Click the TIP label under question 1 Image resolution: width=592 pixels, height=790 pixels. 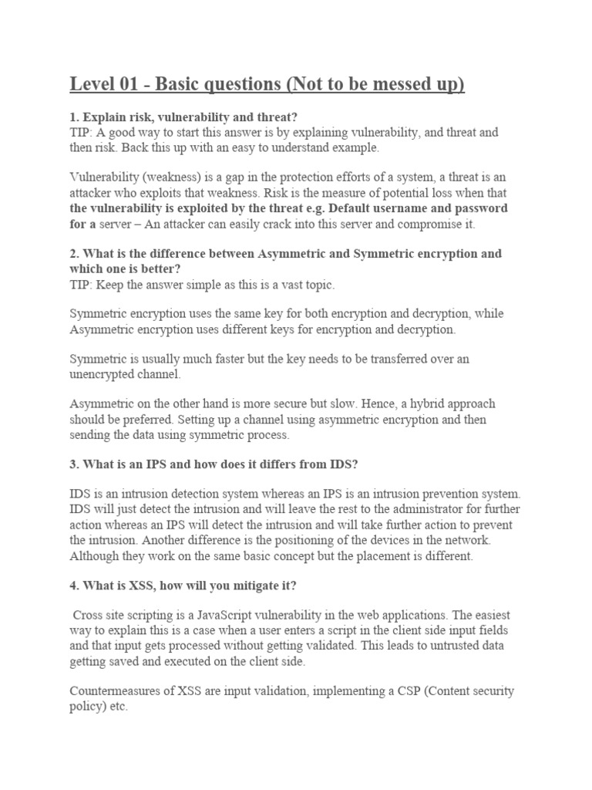point(81,133)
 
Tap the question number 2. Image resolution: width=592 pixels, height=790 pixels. point(74,254)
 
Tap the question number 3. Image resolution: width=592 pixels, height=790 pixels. point(74,464)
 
